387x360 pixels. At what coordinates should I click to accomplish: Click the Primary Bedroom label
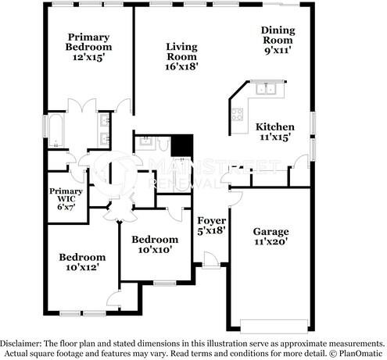(88, 47)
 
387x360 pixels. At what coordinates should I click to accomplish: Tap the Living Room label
(181, 56)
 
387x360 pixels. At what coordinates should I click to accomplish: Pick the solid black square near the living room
(181, 145)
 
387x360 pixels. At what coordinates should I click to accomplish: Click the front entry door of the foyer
(210, 259)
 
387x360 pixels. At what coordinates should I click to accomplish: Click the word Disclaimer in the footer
(23, 343)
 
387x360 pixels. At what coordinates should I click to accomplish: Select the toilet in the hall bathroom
(144, 142)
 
